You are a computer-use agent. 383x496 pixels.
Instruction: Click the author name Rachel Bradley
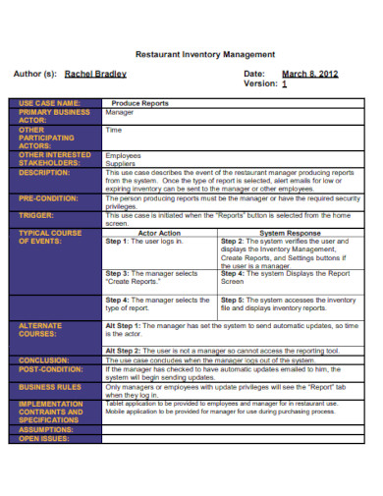coord(97,74)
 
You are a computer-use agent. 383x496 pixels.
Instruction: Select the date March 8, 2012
coord(309,74)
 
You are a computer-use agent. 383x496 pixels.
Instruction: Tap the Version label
coord(259,84)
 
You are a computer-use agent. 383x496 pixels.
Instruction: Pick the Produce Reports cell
coord(139,102)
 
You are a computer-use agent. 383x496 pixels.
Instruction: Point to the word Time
coord(114,130)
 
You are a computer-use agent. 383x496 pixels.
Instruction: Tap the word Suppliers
coord(121,163)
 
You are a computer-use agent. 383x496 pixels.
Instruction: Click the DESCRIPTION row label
coord(45,172)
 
